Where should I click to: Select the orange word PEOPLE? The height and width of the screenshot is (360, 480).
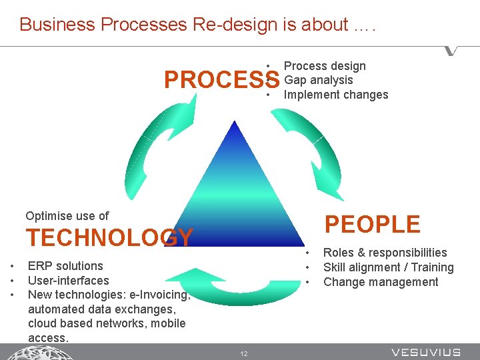coord(372,225)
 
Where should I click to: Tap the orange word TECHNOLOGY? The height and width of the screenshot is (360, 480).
coord(109,238)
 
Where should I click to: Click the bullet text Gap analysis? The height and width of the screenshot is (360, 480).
coord(318,80)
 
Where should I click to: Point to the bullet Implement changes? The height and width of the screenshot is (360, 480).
coord(335,95)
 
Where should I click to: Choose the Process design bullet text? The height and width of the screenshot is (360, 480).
coord(325,66)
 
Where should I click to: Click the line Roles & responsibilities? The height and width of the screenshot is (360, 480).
coord(385,253)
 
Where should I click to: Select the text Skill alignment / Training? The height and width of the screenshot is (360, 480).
coord(388,267)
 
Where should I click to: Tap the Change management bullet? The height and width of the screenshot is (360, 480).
coord(381,282)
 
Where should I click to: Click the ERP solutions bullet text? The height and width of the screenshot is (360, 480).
coord(65,266)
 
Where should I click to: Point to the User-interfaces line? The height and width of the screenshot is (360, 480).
coord(68,281)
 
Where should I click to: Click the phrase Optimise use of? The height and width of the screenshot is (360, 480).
coord(67,216)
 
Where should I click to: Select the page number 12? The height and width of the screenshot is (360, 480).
coord(244,353)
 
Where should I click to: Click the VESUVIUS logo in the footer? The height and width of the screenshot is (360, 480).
coord(425,352)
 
